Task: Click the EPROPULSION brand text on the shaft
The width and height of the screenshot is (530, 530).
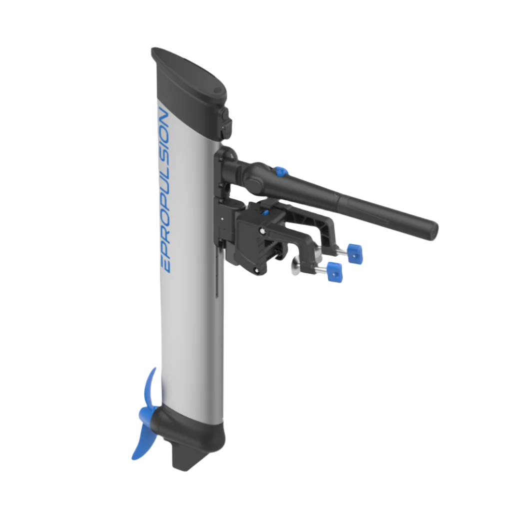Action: pyautogui.click(x=165, y=190)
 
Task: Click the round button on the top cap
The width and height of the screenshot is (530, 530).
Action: pyautogui.click(x=218, y=90)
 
